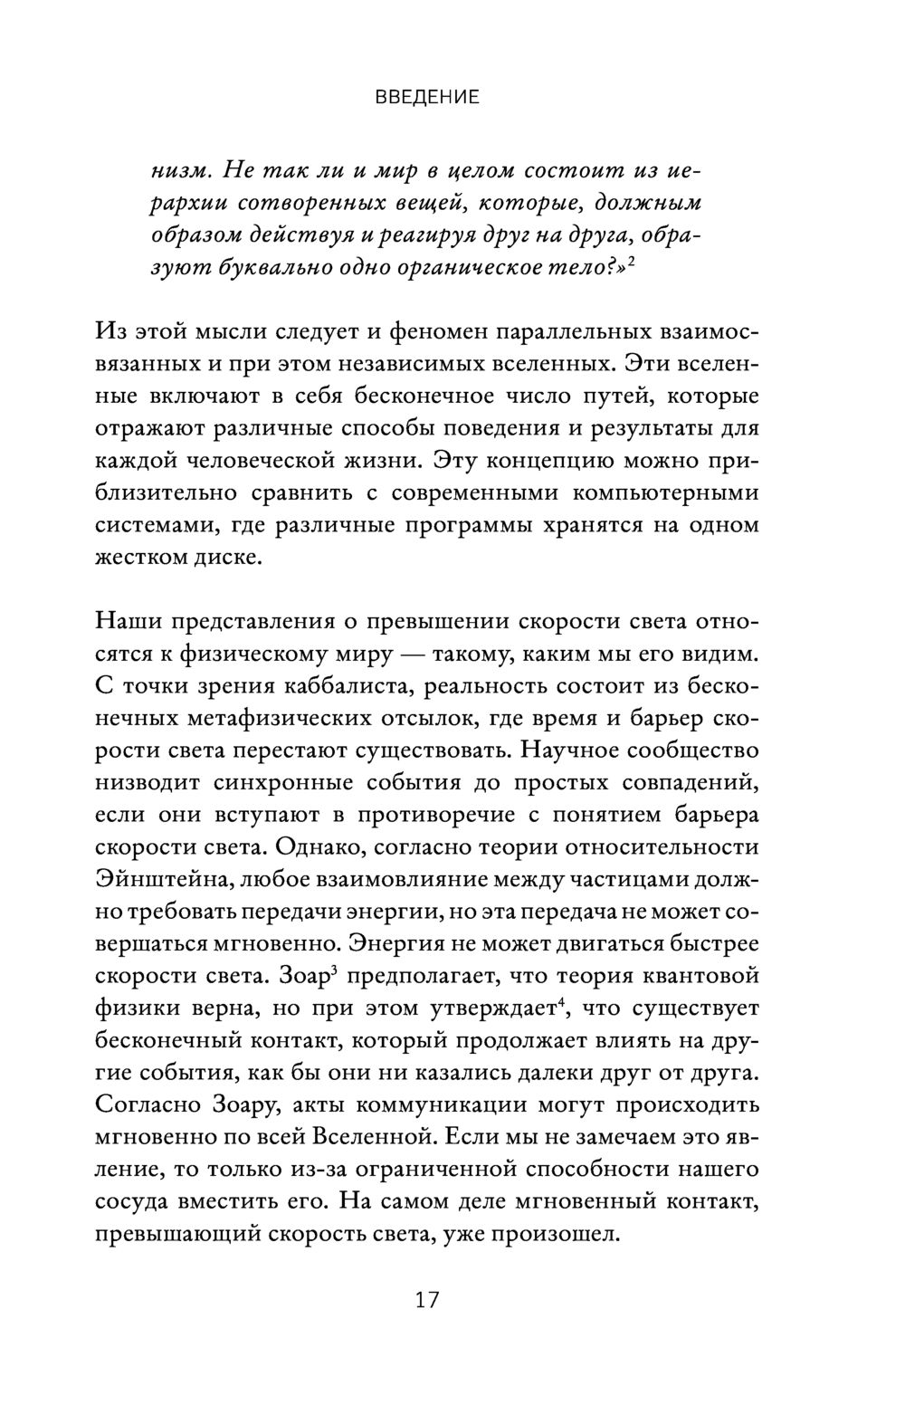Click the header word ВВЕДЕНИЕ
tap(427, 98)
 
